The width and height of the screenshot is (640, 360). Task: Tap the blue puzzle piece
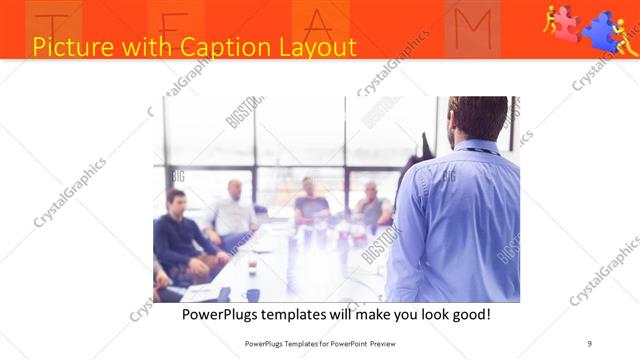[603, 30]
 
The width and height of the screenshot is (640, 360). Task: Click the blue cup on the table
[253, 295]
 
